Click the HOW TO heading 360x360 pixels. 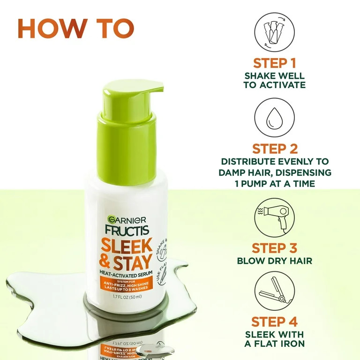pyautogui.click(x=76, y=29)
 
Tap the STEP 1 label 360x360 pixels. pyautogui.click(x=275, y=63)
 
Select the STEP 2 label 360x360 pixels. pyautogui.click(x=275, y=149)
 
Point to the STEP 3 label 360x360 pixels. pyautogui.click(x=275, y=248)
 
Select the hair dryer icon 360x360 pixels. pyautogui.click(x=275, y=216)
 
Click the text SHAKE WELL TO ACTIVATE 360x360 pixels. pyautogui.click(x=275, y=80)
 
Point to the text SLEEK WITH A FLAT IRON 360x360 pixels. pyautogui.click(x=275, y=339)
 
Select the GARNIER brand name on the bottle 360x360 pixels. pyautogui.click(x=127, y=220)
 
